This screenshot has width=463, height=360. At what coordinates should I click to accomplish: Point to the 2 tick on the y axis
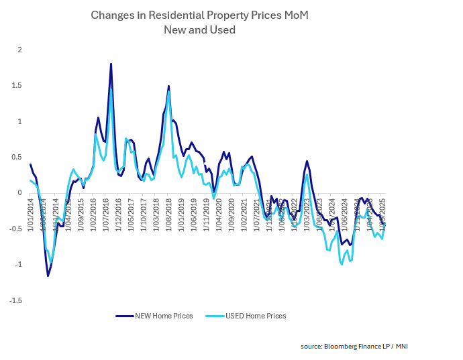20,50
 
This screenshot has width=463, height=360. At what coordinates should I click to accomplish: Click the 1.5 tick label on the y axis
17,86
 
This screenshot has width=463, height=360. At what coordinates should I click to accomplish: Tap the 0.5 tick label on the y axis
17,158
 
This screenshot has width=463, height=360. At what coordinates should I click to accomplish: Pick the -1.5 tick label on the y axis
16,300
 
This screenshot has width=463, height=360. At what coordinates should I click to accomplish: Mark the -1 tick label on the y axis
18,265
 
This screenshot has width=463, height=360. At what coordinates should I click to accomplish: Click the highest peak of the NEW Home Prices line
111,64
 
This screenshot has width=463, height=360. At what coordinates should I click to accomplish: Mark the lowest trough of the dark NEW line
48,276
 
